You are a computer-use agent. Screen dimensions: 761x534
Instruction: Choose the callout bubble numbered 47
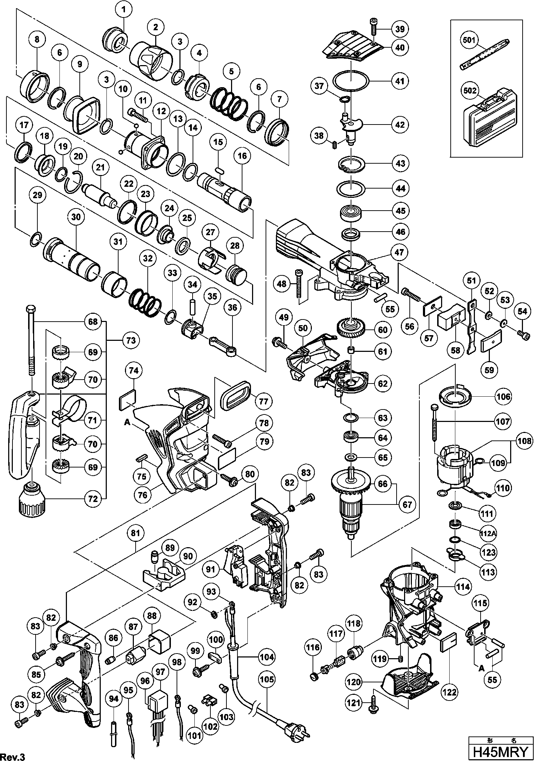(x=399, y=252)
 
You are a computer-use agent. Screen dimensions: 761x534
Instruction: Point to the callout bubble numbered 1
(x=124, y=11)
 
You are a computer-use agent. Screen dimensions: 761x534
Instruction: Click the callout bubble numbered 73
(x=131, y=340)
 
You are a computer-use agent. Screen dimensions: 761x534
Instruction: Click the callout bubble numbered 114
(x=463, y=587)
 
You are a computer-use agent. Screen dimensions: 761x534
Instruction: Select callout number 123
(x=488, y=552)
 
